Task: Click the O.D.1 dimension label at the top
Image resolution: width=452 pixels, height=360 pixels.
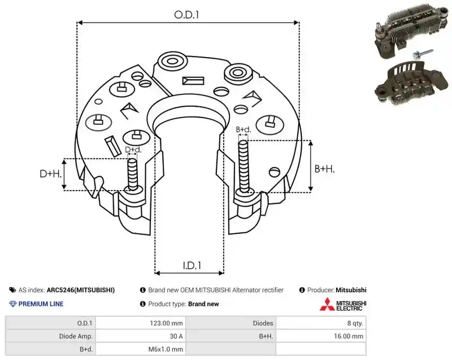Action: tap(186, 15)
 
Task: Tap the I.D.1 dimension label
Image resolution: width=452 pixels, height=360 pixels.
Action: tap(192, 265)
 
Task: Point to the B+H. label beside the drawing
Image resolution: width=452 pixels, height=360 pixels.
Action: tap(324, 168)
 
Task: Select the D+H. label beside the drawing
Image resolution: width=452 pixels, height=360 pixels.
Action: tap(51, 174)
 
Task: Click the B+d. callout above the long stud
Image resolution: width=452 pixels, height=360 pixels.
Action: tap(244, 129)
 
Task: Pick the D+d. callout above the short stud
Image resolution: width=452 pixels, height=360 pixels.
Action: tap(133, 150)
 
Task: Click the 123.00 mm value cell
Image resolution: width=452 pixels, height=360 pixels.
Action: tap(166, 323)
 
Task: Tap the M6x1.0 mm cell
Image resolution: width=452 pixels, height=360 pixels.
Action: tap(166, 349)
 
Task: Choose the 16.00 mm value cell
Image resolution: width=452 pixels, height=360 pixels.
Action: tap(349, 336)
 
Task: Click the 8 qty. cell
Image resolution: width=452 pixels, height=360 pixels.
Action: tap(355, 323)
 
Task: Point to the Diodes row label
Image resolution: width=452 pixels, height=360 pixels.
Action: tap(263, 323)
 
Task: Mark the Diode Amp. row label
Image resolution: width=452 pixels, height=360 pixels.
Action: tap(76, 336)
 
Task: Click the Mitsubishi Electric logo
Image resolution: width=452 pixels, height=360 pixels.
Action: tap(343, 305)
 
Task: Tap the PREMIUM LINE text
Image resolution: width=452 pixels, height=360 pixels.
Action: tap(41, 304)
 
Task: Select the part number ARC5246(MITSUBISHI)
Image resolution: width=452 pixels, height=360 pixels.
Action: tap(81, 290)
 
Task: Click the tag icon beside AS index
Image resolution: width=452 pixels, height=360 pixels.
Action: tap(12, 290)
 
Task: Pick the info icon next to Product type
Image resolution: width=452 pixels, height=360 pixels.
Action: tap(143, 304)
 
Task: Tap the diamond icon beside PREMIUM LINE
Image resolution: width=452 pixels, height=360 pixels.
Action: tap(13, 304)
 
